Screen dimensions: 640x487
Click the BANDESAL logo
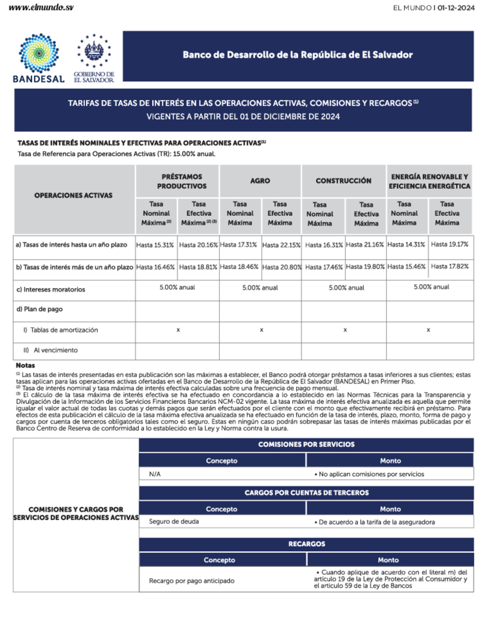click(39, 58)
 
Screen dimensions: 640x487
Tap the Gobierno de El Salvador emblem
click(94, 58)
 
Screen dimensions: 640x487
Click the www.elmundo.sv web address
click(41, 8)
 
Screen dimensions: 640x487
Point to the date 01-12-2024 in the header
click(456, 8)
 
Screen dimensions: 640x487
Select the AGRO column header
click(260, 181)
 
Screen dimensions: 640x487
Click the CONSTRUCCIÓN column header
click(343, 181)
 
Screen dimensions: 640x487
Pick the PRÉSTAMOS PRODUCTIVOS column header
click(182, 181)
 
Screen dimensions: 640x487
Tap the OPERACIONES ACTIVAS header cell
click(73, 195)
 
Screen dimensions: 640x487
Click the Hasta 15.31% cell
click(155, 245)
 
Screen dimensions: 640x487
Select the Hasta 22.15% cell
click(281, 245)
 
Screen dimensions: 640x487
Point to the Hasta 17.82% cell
click(449, 266)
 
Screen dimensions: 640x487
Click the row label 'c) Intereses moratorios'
click(51, 290)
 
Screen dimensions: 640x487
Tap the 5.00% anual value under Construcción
click(346, 288)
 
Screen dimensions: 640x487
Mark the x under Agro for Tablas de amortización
click(261, 330)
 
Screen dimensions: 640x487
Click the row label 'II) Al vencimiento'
click(51, 350)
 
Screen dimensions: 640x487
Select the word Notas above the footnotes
click(25, 365)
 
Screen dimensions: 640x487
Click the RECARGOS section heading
click(307, 544)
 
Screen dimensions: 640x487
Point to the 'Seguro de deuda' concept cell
click(174, 521)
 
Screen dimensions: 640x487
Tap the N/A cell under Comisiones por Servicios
click(155, 474)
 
